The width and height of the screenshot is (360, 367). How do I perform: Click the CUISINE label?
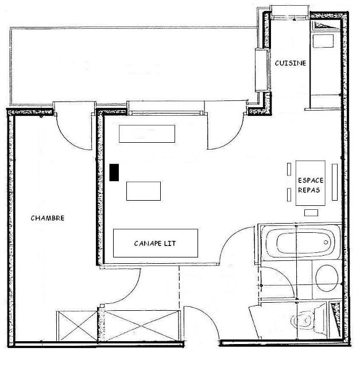(290, 63)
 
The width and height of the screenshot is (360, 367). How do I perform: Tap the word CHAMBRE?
(48, 218)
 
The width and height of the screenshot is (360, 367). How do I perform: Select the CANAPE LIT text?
(155, 243)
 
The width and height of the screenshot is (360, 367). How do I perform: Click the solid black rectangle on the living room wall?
(114, 172)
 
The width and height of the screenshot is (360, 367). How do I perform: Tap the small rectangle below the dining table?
(311, 213)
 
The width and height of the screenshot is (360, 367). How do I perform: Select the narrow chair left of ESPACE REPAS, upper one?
(289, 170)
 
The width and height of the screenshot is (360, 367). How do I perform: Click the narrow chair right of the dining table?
(334, 183)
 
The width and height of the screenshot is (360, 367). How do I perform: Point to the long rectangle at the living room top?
(146, 134)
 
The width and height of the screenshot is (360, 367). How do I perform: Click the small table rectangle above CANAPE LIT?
(143, 190)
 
